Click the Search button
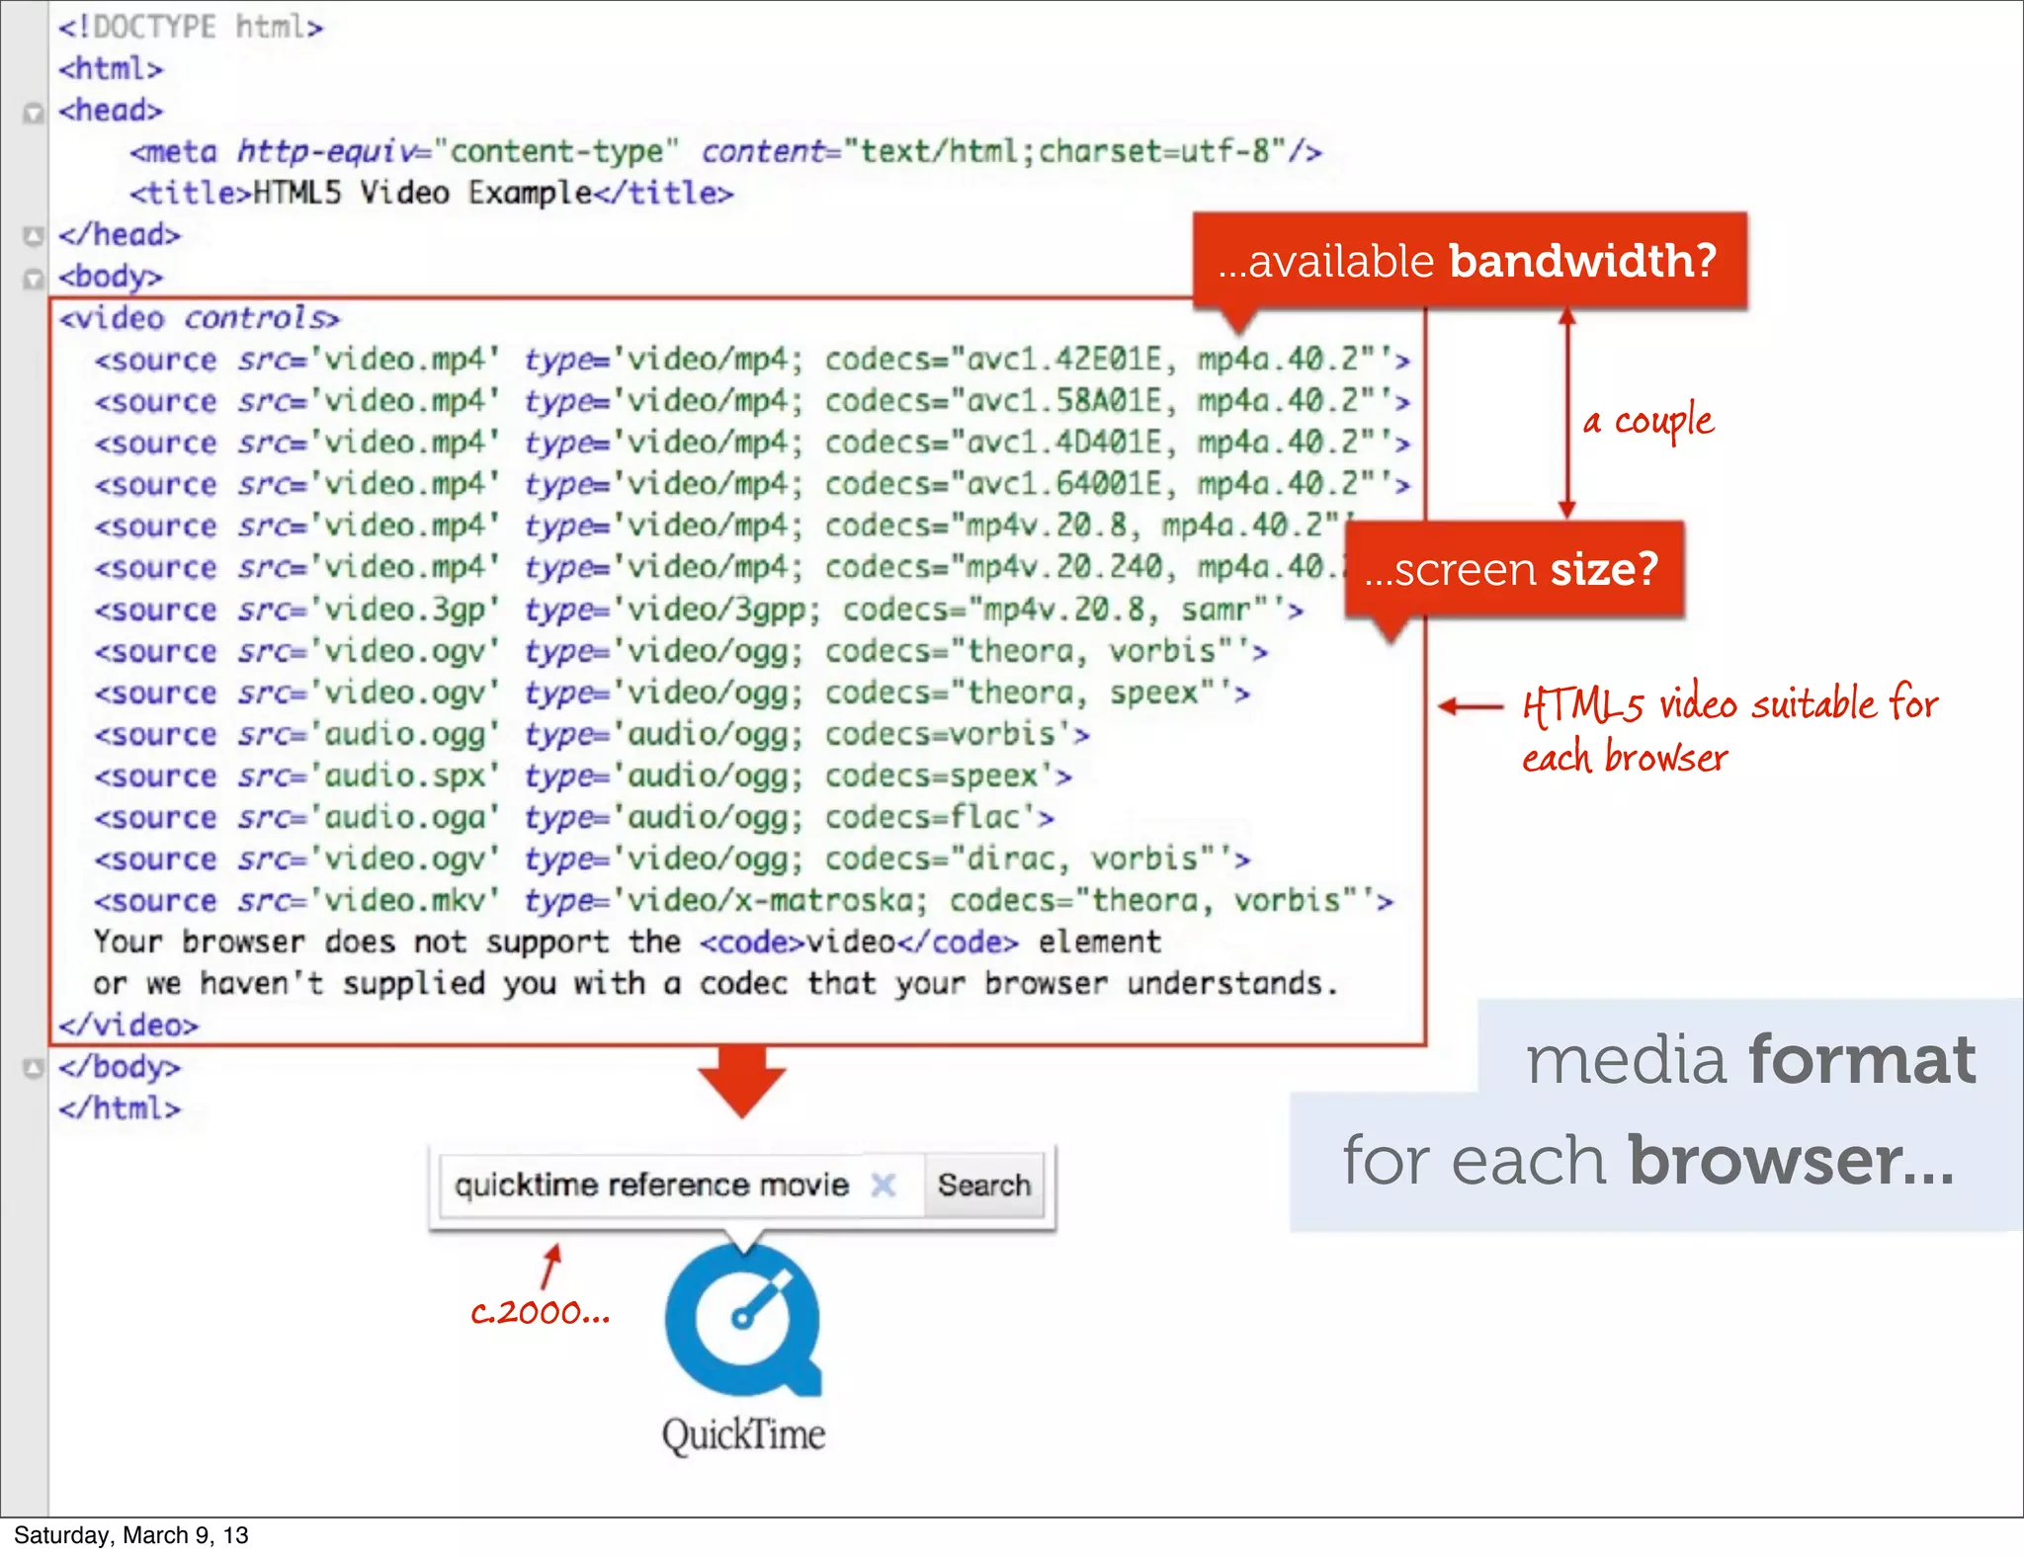click(983, 1185)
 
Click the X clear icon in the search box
click(884, 1185)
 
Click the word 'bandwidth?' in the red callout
click(1582, 261)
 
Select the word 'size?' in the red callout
click(1603, 570)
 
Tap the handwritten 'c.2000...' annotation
click(540, 1313)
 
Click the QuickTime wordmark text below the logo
click(743, 1434)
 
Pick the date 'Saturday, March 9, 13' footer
click(130, 1535)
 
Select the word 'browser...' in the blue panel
click(1790, 1161)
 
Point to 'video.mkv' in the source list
click(405, 901)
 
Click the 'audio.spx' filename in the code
click(405, 777)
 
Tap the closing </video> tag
click(128, 1025)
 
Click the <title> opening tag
click(191, 193)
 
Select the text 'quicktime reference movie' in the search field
click(651, 1185)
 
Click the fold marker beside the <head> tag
click(34, 112)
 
